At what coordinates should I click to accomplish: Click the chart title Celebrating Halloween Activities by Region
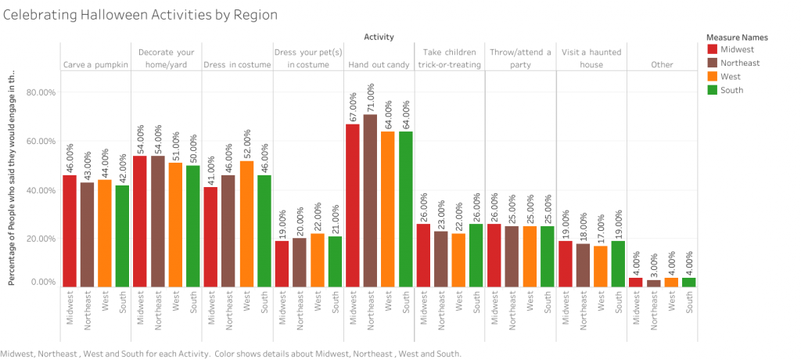coord(140,15)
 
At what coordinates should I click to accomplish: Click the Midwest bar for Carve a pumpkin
coord(70,231)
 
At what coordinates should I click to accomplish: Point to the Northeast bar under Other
coord(654,283)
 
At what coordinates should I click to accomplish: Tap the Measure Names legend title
coord(736,37)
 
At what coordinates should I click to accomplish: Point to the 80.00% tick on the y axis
coord(40,92)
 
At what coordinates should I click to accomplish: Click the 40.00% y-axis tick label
coord(40,190)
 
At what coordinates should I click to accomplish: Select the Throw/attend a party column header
coord(520,59)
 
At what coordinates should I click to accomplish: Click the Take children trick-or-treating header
coord(449,59)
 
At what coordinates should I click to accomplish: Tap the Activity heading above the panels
coord(379,37)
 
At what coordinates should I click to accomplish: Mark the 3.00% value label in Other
coord(654,260)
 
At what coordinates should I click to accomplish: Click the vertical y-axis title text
coord(12,176)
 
